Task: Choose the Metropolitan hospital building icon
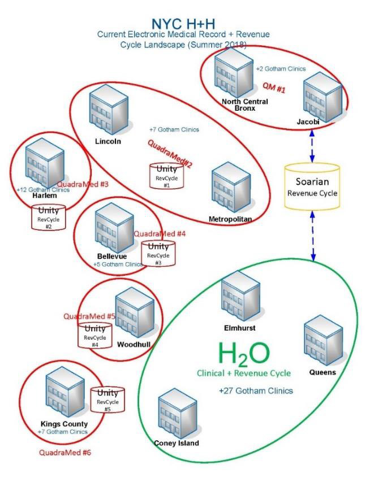coord(231,187)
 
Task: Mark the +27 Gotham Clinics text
coord(256,390)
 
